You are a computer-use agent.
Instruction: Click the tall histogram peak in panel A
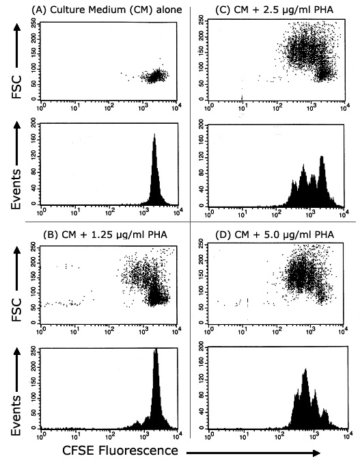click(x=154, y=137)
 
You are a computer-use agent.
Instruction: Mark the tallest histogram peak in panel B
click(x=156, y=351)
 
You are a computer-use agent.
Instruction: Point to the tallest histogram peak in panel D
click(x=305, y=371)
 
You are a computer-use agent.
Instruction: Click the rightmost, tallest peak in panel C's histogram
click(x=321, y=159)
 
